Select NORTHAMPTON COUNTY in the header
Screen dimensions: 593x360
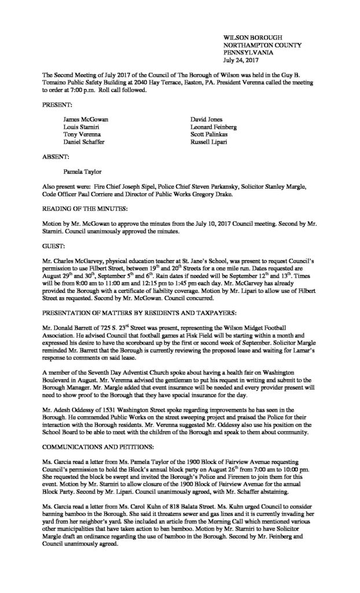[x=257, y=44]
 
